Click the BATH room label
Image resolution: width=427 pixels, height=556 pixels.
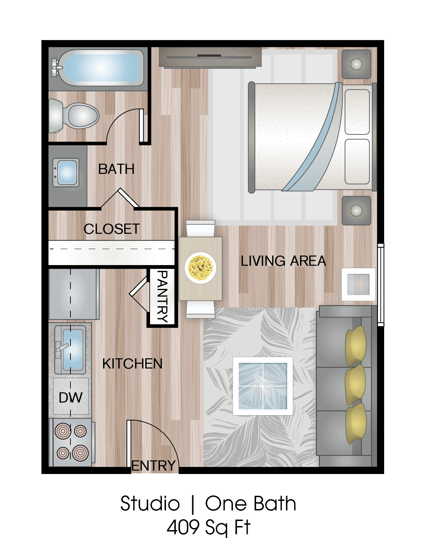pos(116,169)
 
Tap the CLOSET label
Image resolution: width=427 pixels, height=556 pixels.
pos(112,229)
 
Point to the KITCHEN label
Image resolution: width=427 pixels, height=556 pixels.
pos(132,364)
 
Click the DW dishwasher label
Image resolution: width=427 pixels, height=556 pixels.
pos(71,397)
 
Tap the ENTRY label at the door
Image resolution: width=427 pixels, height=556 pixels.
pos(153,466)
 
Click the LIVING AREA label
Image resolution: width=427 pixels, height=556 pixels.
pos(283,261)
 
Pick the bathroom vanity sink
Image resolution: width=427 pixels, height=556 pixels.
pos(67,172)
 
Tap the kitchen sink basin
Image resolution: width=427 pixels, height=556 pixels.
pos(72,350)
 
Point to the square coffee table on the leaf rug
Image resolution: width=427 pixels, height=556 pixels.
pos(263,386)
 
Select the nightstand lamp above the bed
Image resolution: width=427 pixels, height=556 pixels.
pos(356,64)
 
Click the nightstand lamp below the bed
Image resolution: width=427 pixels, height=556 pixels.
pos(356,210)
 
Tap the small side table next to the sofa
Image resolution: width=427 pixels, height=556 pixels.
pos(358,284)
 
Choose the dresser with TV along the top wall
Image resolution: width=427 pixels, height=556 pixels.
pos(210,57)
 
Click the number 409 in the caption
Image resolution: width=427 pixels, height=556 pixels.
pos(183,527)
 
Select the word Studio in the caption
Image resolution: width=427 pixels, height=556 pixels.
pos(150,504)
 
